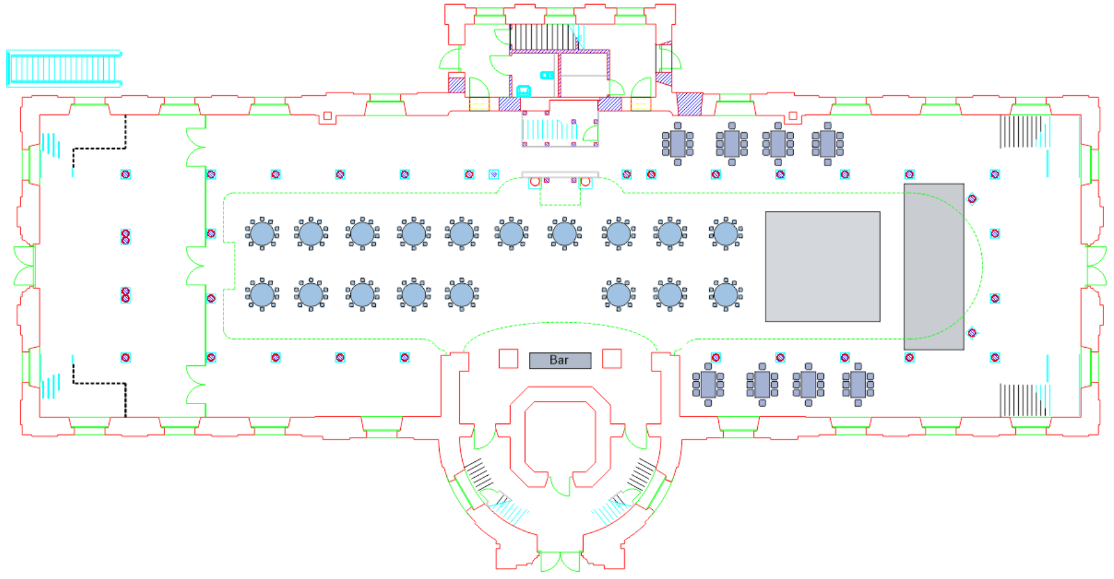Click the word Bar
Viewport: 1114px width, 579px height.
pos(559,360)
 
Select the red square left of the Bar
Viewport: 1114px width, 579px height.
pos(508,358)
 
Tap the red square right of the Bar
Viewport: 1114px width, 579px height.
pos(612,358)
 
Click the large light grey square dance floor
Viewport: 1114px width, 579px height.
pos(822,266)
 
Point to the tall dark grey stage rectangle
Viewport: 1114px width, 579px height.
pos(933,266)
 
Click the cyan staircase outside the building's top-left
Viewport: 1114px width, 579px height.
pos(64,68)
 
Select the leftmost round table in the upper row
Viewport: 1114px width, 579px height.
pos(262,233)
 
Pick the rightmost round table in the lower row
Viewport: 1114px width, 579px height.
pos(726,294)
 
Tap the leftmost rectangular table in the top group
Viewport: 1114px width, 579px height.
pos(678,143)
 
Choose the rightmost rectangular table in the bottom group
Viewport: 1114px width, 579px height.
pos(858,384)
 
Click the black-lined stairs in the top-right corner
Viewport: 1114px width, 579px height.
pos(1020,131)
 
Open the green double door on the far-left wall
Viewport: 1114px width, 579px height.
pos(24,266)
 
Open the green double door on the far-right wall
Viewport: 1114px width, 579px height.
pos(1096,266)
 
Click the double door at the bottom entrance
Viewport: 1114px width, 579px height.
pos(560,562)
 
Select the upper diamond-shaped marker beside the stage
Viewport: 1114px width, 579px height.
pos(972,198)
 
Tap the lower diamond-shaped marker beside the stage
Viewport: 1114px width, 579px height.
pos(972,333)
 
